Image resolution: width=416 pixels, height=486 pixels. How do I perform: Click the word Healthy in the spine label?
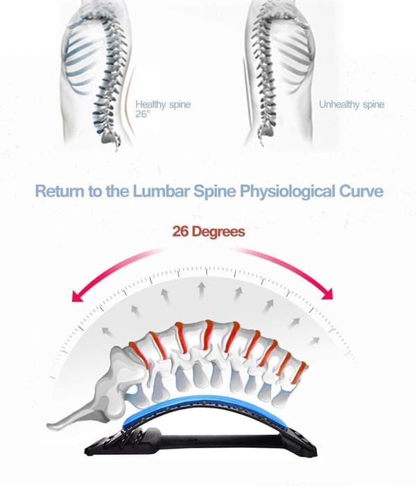150,105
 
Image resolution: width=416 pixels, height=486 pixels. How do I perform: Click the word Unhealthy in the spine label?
339,105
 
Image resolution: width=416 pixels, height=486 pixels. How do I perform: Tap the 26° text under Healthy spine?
142,114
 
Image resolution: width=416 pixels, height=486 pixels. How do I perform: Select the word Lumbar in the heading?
161,191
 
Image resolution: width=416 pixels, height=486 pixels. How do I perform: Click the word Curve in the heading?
361,191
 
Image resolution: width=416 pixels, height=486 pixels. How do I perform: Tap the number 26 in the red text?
180,231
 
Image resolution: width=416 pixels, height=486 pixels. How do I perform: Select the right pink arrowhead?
327,294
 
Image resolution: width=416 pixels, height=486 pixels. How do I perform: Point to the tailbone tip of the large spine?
49,424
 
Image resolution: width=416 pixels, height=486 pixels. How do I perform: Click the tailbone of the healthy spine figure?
116,141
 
